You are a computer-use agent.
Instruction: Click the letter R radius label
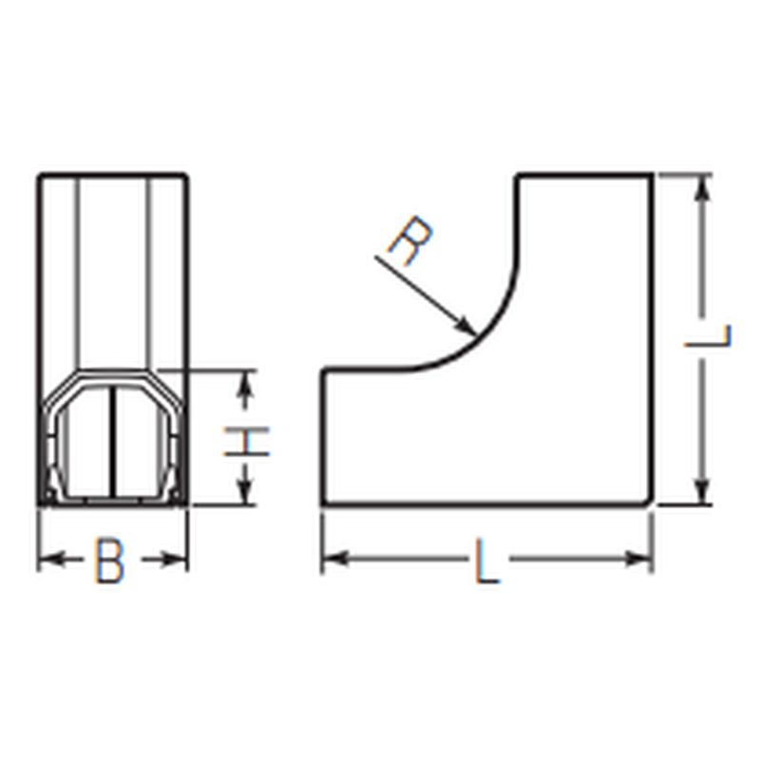point(410,241)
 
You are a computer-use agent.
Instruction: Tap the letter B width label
point(109,560)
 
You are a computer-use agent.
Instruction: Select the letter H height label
point(247,442)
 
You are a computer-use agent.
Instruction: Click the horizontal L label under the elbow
point(486,560)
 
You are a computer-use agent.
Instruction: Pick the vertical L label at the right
point(708,335)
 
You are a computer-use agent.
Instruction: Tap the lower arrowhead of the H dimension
point(247,494)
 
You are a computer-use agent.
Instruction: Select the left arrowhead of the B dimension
point(50,560)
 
